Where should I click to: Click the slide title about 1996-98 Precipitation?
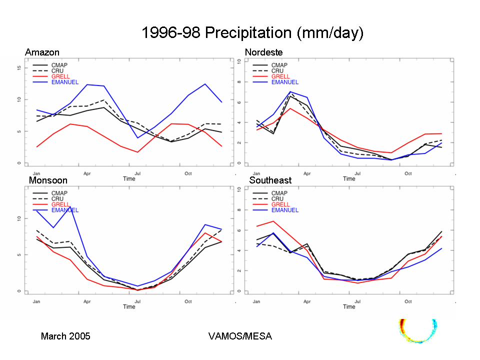pyautogui.click(x=252, y=33)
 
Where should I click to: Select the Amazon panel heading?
pyautogui.click(x=42, y=52)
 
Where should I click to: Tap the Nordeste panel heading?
pyautogui.click(x=263, y=52)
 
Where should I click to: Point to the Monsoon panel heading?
pyautogui.click(x=48, y=180)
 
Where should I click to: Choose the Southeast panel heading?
pyautogui.click(x=270, y=180)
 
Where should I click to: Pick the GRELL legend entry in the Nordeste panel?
pyautogui.click(x=280, y=76)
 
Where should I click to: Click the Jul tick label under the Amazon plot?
pyautogui.click(x=137, y=173)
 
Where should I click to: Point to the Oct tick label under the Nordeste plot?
pyautogui.click(x=408, y=173)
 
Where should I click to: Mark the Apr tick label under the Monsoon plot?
pyautogui.click(x=87, y=301)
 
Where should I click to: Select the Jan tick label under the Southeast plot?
pyautogui.click(x=256, y=301)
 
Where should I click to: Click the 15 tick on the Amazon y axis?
pyautogui.click(x=18, y=67)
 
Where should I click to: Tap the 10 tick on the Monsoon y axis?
pyautogui.click(x=18, y=218)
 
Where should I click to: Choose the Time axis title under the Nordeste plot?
pyautogui.click(x=349, y=178)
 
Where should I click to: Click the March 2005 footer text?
pyautogui.click(x=65, y=336)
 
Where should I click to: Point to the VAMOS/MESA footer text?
pyautogui.click(x=240, y=336)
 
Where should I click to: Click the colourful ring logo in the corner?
pyautogui.click(x=418, y=330)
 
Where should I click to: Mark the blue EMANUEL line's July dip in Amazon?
pyautogui.click(x=137, y=137)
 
